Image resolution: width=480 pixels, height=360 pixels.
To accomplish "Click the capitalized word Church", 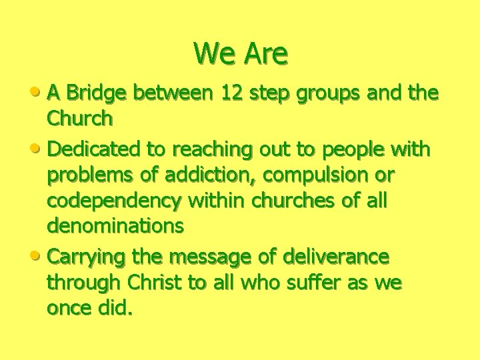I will tap(79, 119).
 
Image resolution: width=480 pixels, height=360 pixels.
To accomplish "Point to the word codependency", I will tap(115, 201).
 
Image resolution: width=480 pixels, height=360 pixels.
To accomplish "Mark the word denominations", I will tap(115, 226).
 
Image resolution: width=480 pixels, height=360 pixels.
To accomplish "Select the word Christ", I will tap(151, 283).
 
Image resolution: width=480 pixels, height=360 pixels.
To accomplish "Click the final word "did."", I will tap(117, 309).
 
